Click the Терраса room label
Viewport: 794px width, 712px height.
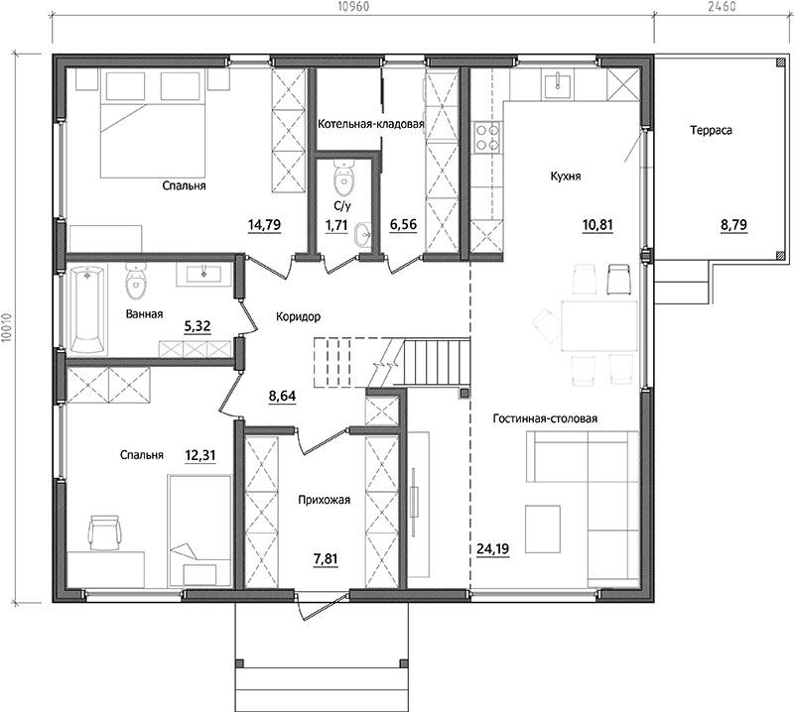coord(711,131)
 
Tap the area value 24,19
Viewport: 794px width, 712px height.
coord(492,548)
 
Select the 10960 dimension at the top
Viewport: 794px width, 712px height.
coord(353,7)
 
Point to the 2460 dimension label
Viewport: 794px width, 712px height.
coord(723,7)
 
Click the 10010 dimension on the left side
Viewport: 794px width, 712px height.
coord(7,328)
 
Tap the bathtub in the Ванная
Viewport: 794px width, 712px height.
coord(87,309)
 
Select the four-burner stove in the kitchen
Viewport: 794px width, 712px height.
coord(486,138)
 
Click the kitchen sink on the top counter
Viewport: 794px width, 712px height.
coord(558,85)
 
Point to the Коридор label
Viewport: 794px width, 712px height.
coord(299,316)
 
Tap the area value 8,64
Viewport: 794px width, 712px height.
coord(282,397)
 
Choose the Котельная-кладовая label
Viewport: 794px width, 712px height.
coord(370,124)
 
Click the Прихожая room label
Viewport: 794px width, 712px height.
coord(325,500)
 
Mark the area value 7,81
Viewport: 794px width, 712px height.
coord(326,559)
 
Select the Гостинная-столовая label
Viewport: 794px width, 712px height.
coord(545,418)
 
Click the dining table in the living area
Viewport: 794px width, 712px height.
coord(599,326)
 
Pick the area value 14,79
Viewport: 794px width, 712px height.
coord(264,224)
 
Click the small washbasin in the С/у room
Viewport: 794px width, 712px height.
coord(363,234)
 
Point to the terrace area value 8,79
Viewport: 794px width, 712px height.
coord(733,224)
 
